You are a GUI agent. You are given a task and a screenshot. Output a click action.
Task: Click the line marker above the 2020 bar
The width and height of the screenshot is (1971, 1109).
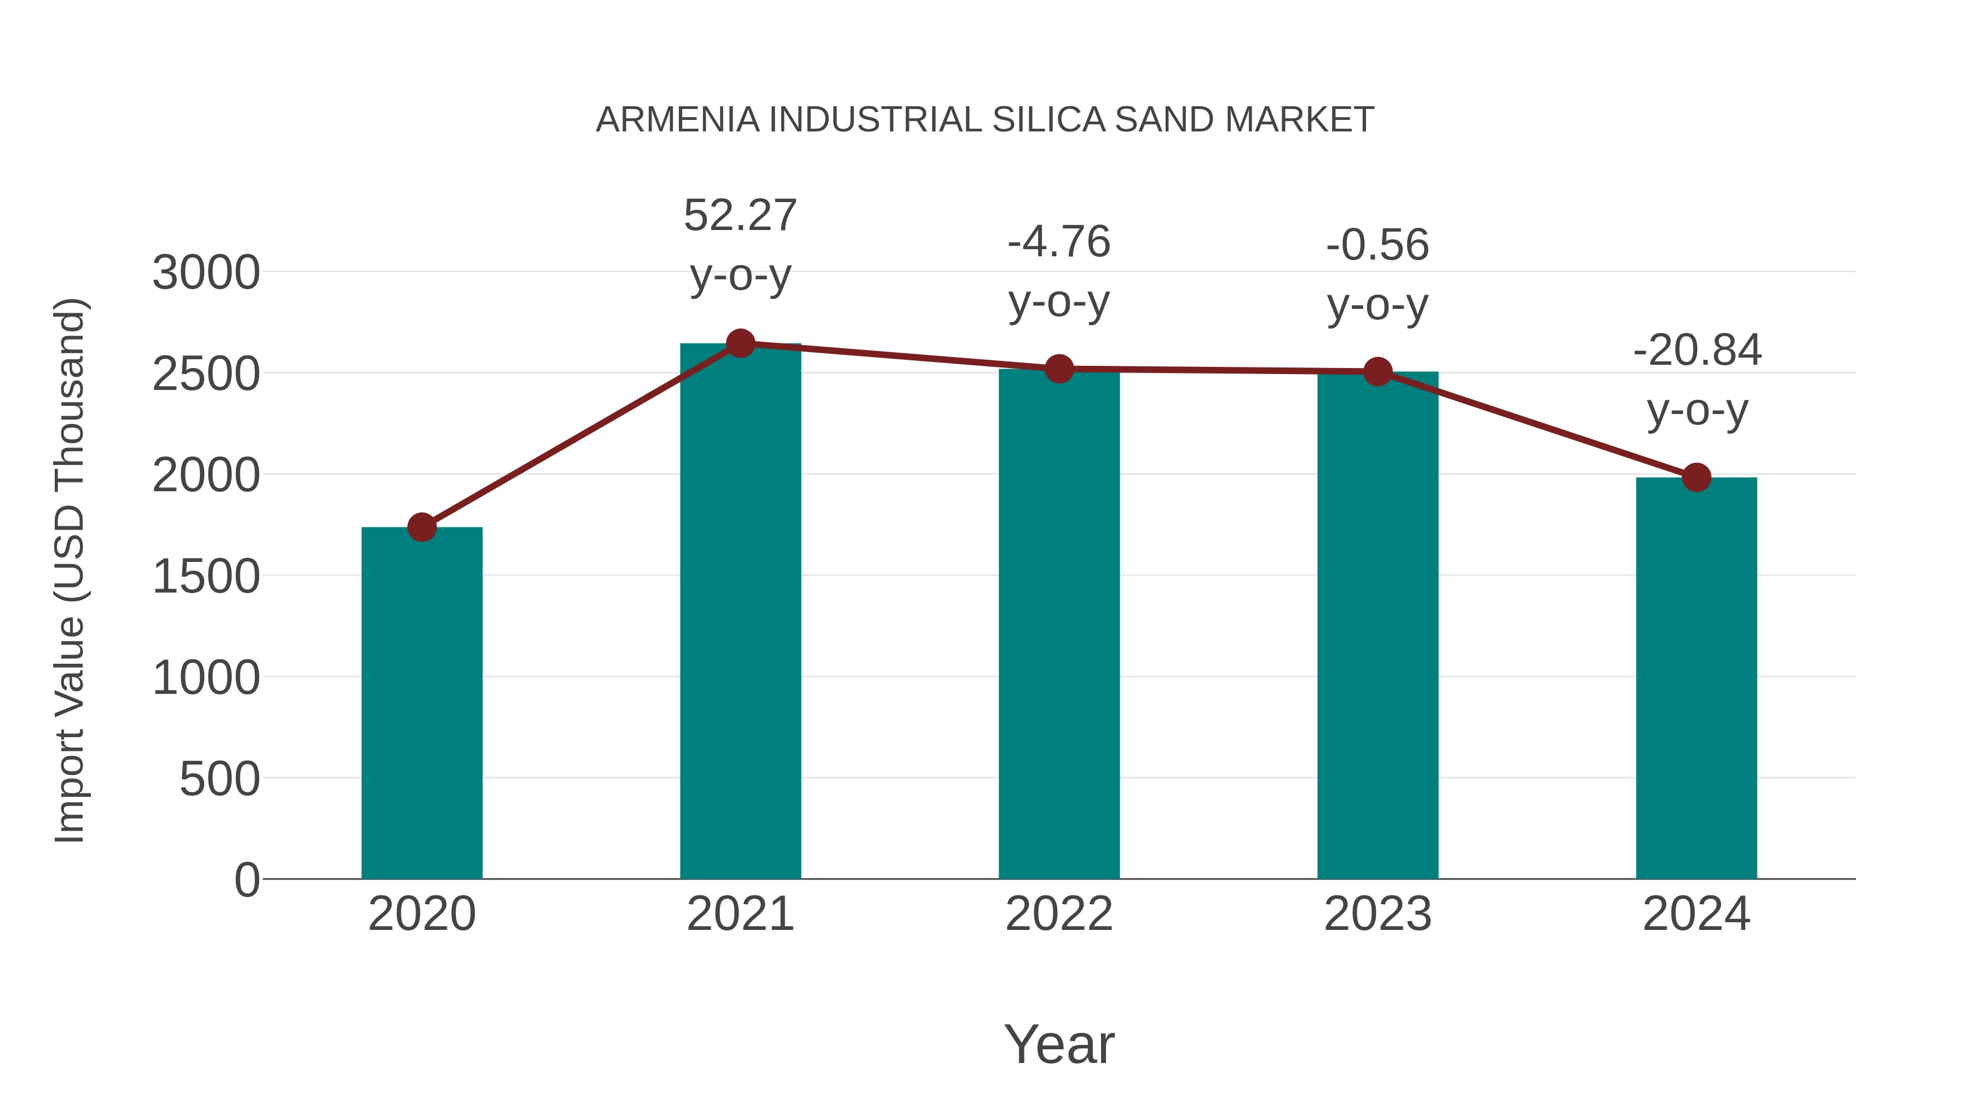pos(422,527)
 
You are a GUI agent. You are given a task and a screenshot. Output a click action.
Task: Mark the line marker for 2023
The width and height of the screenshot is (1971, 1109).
pos(1378,372)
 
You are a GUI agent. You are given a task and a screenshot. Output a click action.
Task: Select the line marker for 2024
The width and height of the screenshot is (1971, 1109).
pos(1696,478)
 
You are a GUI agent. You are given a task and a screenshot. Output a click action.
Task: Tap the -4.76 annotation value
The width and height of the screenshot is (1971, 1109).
pos(1059,242)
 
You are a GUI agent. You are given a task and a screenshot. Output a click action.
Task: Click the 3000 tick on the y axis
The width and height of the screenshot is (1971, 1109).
pos(206,273)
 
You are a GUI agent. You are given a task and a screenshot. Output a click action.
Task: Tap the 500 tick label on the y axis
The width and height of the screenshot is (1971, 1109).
pos(220,779)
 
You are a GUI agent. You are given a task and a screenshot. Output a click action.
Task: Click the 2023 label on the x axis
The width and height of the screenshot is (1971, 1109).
pos(1378,914)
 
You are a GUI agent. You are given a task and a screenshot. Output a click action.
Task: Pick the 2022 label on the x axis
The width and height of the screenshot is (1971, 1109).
pos(1059,914)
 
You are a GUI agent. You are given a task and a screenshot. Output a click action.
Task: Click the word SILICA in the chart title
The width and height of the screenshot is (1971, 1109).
pos(1048,120)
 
